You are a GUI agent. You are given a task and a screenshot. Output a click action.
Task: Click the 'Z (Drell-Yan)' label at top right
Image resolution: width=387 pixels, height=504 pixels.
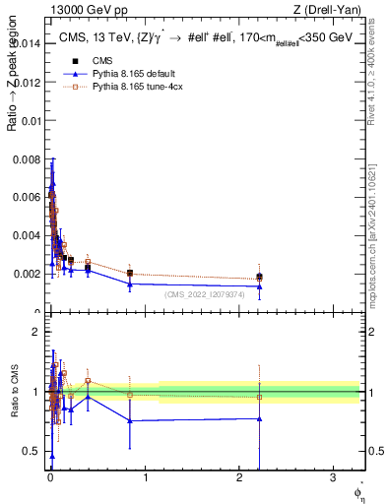[328, 12]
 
